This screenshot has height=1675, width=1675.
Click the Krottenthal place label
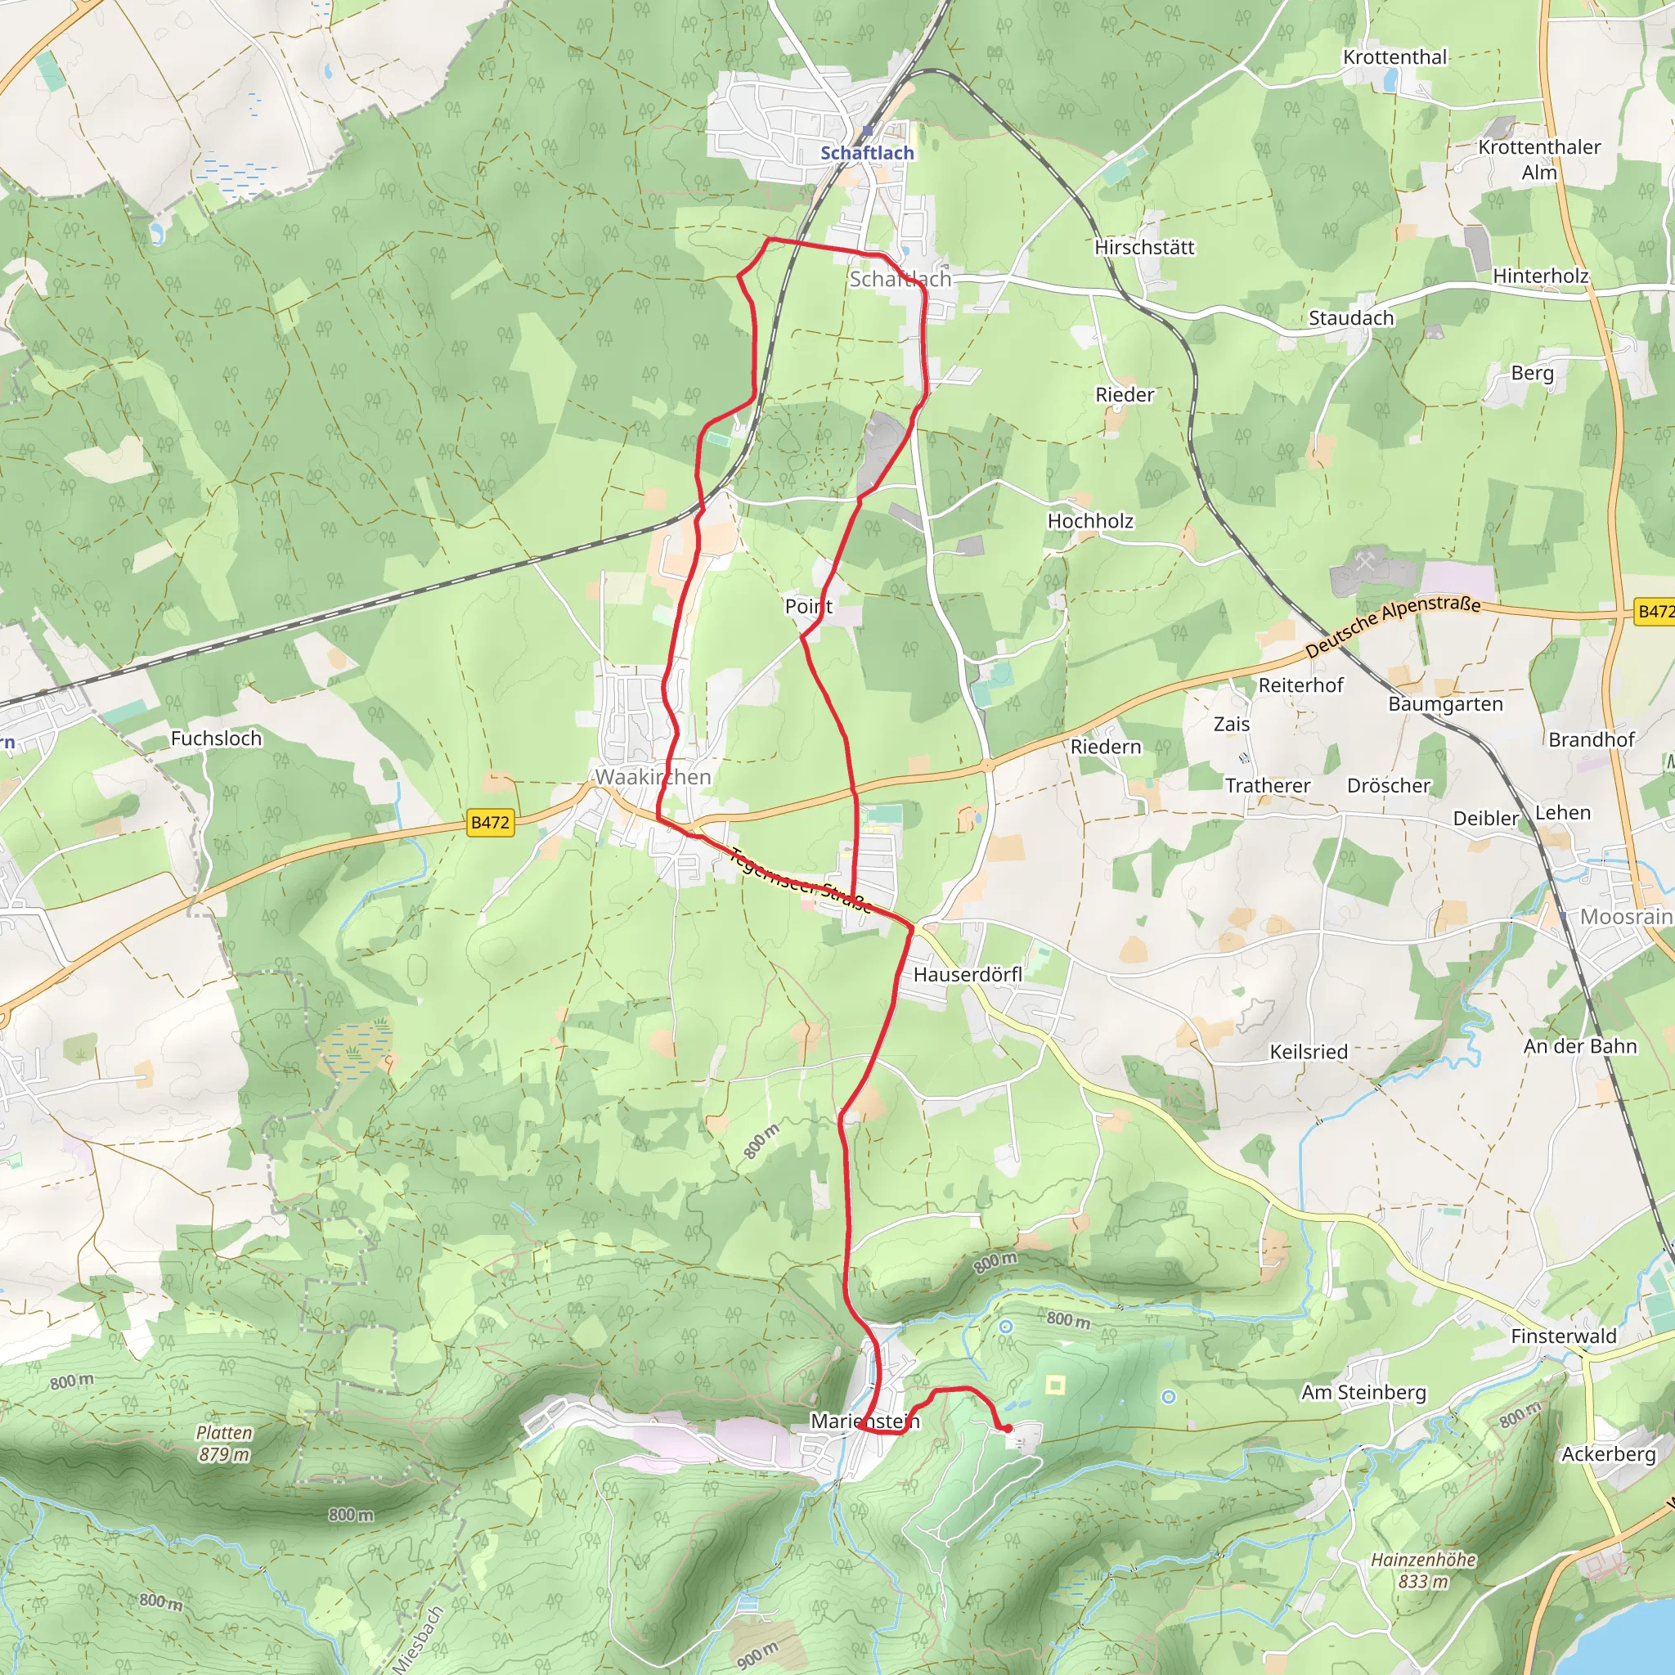point(1395,57)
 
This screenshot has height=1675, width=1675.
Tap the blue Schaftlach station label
point(867,153)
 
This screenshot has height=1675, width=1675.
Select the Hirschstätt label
point(1144,248)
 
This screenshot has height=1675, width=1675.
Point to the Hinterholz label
point(1541,276)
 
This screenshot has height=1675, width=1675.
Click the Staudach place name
point(1351,318)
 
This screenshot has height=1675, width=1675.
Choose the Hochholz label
point(1089,521)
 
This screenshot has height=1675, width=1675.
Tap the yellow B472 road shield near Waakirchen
point(490,822)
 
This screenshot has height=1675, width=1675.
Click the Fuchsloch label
point(216,739)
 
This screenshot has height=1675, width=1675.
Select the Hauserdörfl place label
point(968,974)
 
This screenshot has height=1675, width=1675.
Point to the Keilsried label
point(1309,1052)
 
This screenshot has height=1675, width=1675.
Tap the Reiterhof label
point(1300,685)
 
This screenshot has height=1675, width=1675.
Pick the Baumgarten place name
point(1445,704)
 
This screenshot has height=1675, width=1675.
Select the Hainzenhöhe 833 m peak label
point(1423,1570)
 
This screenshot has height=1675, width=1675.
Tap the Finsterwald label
point(1563,1336)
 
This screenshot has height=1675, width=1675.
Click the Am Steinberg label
point(1363,1392)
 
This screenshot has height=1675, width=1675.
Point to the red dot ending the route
point(1008,1429)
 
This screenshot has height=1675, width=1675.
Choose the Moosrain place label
point(1626,916)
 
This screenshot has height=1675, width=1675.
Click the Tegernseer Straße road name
point(800,880)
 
